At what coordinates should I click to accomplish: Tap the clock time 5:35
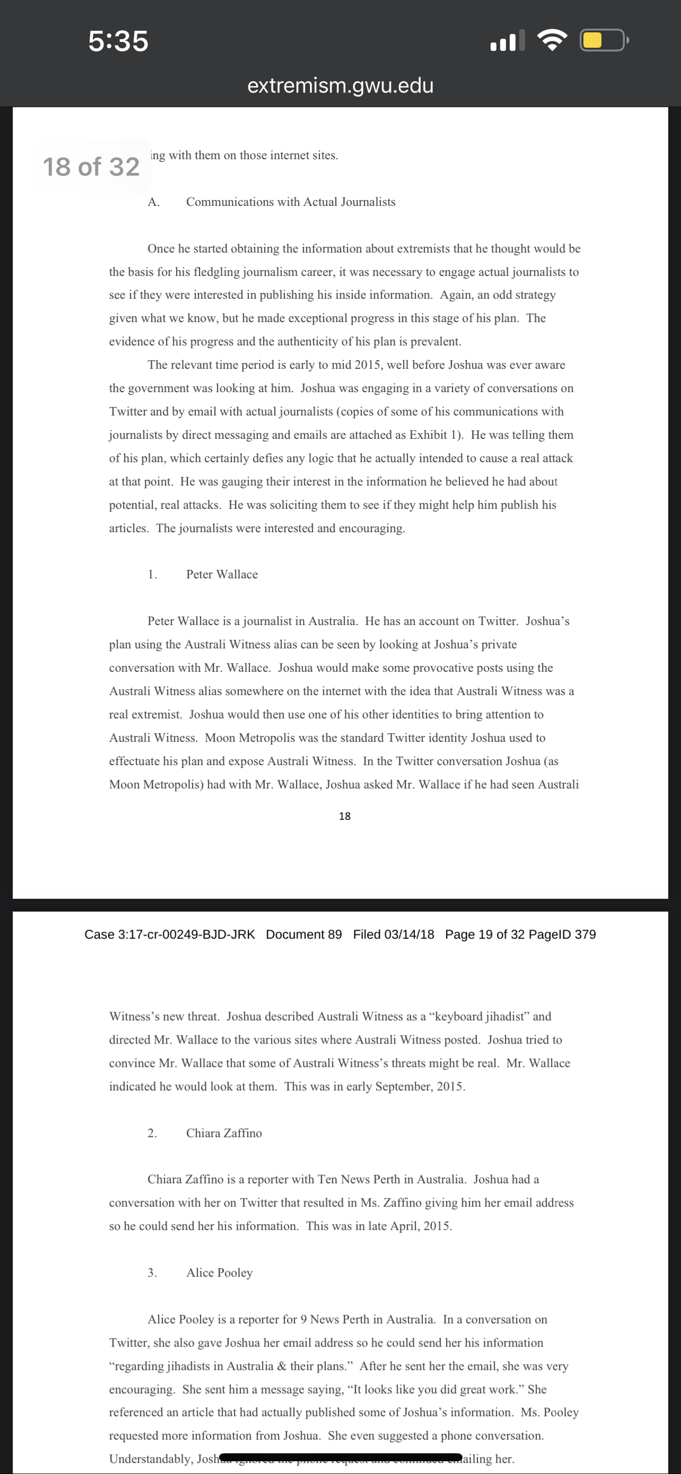click(x=118, y=41)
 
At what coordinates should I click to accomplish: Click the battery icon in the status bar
click(x=603, y=40)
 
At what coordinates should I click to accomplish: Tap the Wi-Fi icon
click(x=552, y=40)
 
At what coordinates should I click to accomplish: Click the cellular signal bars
click(x=507, y=41)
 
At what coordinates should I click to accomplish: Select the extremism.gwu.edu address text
click(x=340, y=85)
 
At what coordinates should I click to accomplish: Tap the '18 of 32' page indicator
click(x=91, y=167)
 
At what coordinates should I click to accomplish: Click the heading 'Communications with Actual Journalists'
click(x=291, y=202)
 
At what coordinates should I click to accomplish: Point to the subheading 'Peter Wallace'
click(x=222, y=575)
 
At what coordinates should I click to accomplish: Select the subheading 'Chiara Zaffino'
click(x=224, y=1133)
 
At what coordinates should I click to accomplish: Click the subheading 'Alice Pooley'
click(x=219, y=1272)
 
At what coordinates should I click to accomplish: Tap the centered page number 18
click(x=344, y=816)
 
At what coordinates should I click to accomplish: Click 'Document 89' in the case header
click(x=303, y=934)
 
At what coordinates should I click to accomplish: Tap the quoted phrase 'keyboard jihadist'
click(x=484, y=1016)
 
